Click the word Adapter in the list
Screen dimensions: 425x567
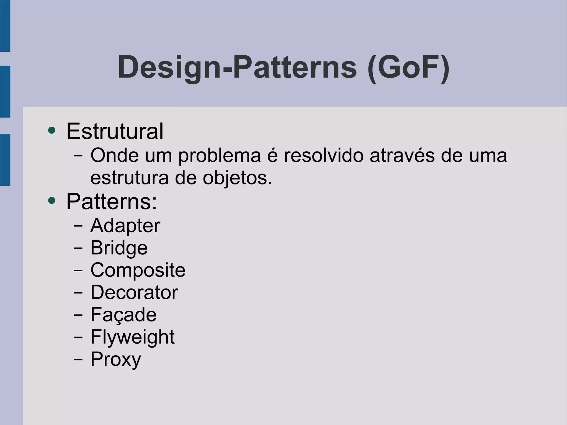(x=125, y=226)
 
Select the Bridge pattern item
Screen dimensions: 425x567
(x=119, y=248)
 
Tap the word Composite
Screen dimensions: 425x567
(x=138, y=270)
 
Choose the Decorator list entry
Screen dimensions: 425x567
(x=134, y=292)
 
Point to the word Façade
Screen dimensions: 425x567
(x=123, y=315)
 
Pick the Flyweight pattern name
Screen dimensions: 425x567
(x=132, y=337)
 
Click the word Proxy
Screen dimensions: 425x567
(x=116, y=359)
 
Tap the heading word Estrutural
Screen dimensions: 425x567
(x=115, y=131)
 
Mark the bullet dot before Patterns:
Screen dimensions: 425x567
(x=52, y=200)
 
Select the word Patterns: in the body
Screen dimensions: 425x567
(x=112, y=202)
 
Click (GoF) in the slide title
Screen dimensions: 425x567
(x=408, y=68)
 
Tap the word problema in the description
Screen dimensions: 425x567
(x=220, y=156)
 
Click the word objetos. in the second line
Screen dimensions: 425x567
(x=238, y=178)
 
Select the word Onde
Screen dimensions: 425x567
(x=114, y=155)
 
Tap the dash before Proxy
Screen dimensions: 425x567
(x=78, y=359)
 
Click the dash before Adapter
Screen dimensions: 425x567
(x=78, y=226)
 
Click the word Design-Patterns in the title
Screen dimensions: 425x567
(x=237, y=68)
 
